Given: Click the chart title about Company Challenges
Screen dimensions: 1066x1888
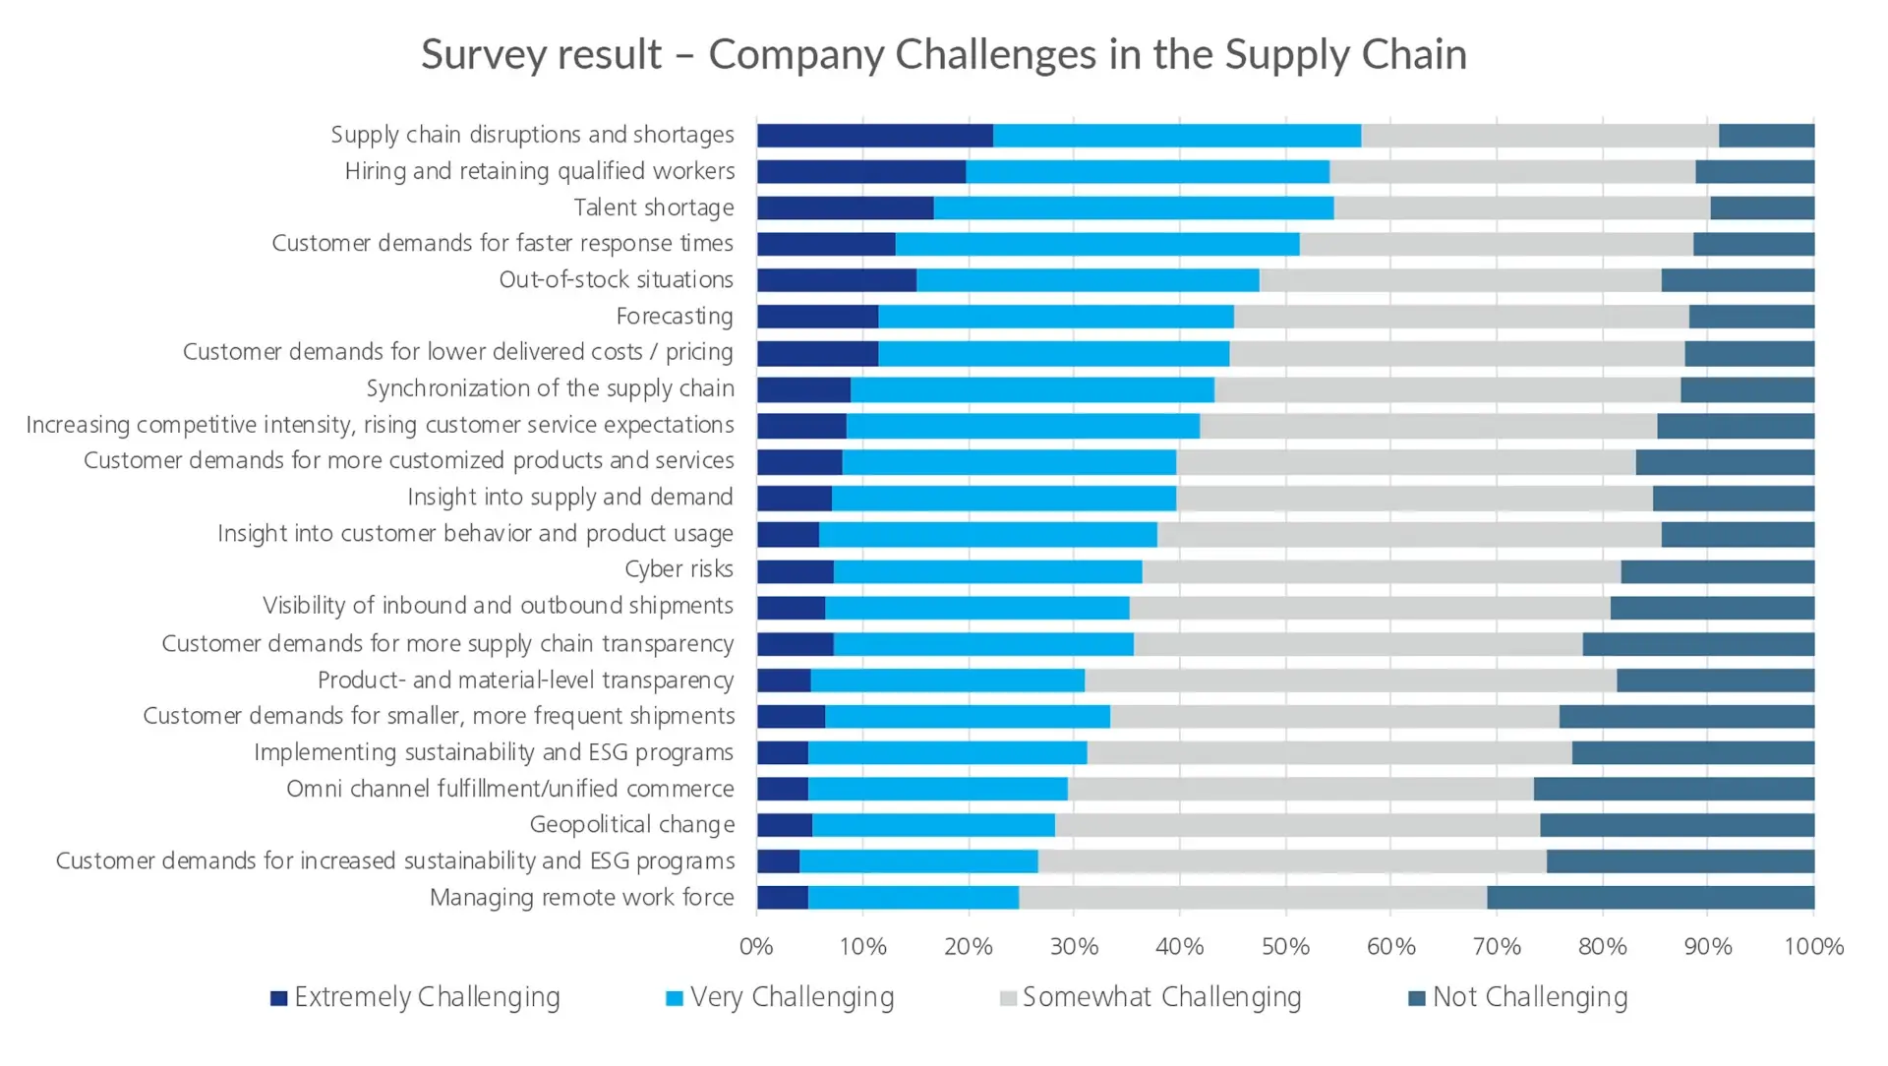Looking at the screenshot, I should pyautogui.click(x=943, y=54).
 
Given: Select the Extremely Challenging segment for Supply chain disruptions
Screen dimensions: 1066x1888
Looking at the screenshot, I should pyautogui.click(x=874, y=136).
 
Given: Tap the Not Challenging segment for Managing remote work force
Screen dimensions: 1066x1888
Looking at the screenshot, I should pyautogui.click(x=1650, y=898).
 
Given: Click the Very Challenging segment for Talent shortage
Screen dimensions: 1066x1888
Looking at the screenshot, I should pyautogui.click(x=1133, y=208).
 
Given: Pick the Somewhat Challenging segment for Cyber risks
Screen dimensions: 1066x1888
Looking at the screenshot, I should pyautogui.click(x=1381, y=571).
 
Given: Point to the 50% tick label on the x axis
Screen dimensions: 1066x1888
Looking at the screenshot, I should pyautogui.click(x=1285, y=947).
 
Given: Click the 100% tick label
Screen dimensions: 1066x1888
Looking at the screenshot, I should pyautogui.click(x=1813, y=947).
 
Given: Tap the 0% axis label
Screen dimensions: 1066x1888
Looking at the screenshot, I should pyautogui.click(x=756, y=947).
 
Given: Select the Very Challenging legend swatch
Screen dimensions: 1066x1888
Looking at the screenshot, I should pyautogui.click(x=675, y=999).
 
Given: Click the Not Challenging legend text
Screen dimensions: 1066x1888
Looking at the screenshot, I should pyautogui.click(x=1529, y=997).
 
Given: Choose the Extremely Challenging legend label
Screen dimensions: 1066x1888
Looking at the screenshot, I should pyautogui.click(x=427, y=997).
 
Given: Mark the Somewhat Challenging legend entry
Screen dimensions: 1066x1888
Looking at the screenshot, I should pyautogui.click(x=1161, y=997).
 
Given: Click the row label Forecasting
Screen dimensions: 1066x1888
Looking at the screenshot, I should pyautogui.click(x=675, y=317).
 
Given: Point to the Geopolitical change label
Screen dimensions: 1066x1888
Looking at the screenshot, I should pyautogui.click(x=631, y=825).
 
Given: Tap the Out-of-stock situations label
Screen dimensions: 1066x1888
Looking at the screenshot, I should pyautogui.click(x=616, y=280).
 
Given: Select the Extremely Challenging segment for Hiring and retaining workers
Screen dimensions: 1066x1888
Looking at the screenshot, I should pyautogui.click(x=860, y=172).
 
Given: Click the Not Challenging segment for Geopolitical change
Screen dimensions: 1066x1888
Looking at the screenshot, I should pyautogui.click(x=1677, y=826).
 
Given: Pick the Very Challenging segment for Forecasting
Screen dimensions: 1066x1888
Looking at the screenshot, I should pyautogui.click(x=1055, y=317).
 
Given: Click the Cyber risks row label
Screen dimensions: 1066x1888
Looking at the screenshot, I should pyautogui.click(x=678, y=570).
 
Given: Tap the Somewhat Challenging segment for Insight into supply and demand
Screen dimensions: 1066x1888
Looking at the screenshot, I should pyautogui.click(x=1413, y=499).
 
